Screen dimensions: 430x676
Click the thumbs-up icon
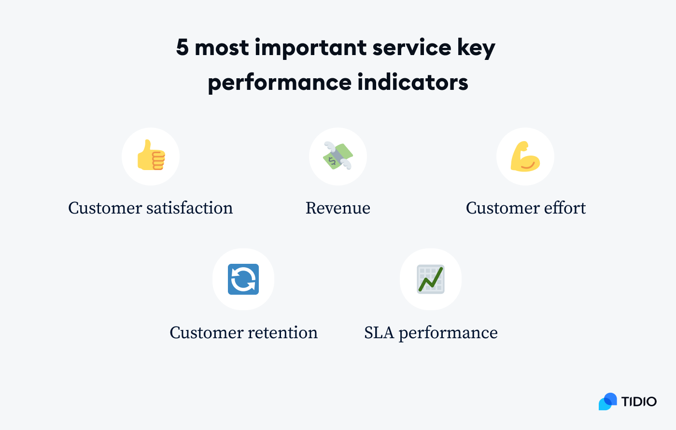click(151, 156)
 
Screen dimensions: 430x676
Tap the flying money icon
click(338, 156)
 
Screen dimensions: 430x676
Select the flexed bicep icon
click(525, 156)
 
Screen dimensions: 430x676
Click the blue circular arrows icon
click(243, 279)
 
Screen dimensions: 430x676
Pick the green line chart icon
click(431, 279)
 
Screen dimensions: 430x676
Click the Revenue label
click(338, 208)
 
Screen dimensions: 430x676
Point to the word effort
click(564, 208)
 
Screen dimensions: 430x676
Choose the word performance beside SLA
click(448, 333)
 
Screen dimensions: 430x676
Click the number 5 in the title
click(182, 47)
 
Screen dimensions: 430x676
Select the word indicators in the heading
click(413, 82)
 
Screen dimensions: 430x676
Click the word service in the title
click(412, 47)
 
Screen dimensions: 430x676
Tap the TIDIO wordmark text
click(639, 401)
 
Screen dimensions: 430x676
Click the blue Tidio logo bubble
click(607, 401)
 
